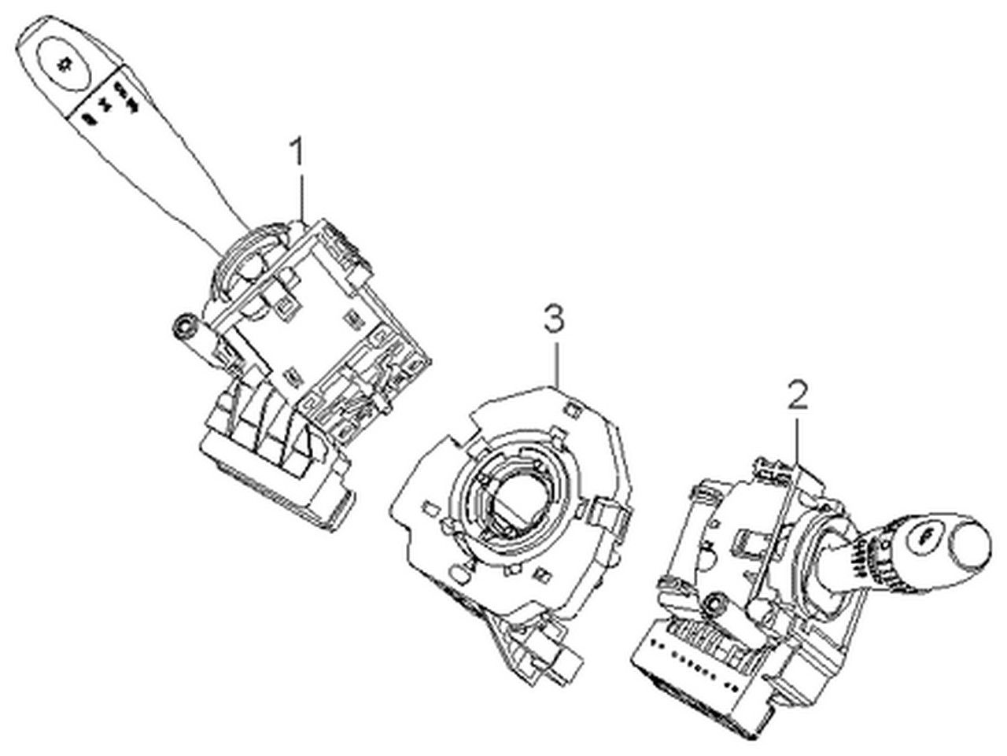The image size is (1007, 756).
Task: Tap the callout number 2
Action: (798, 394)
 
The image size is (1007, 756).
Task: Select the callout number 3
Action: (554, 319)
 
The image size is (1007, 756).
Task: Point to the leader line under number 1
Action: (301, 197)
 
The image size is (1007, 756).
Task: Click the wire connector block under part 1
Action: (275, 463)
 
